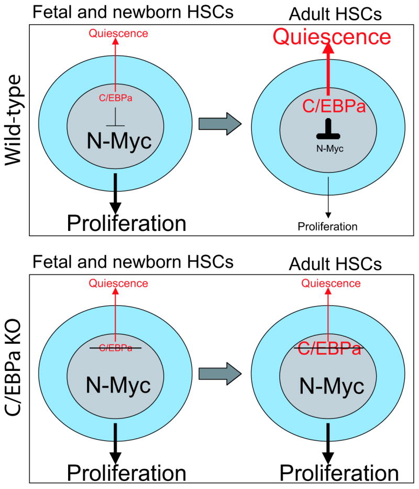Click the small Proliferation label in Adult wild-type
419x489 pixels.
pyautogui.click(x=327, y=227)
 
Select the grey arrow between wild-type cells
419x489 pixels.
pyautogui.click(x=219, y=124)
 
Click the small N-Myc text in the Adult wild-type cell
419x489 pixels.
pyautogui.click(x=328, y=148)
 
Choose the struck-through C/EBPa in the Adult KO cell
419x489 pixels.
pyautogui.click(x=328, y=349)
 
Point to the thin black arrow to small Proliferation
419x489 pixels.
pyautogui.click(x=328, y=197)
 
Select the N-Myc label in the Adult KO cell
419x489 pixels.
pyautogui.click(x=331, y=387)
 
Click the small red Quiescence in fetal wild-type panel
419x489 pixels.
pyautogui.click(x=119, y=34)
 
